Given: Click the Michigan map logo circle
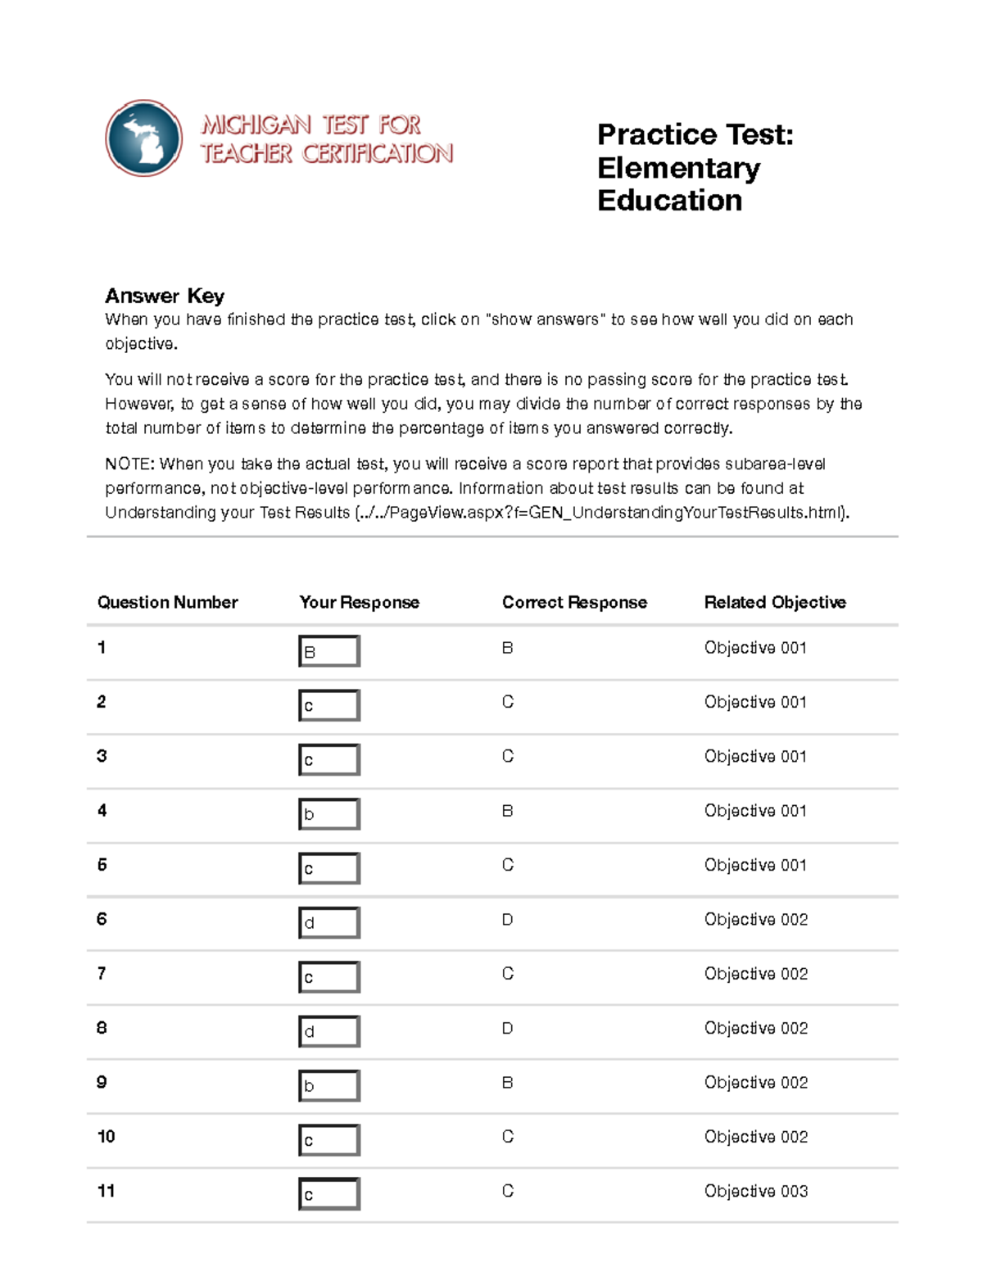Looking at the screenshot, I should tap(144, 138).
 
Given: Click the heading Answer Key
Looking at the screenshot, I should tap(164, 296).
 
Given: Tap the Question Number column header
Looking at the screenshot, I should tap(167, 602).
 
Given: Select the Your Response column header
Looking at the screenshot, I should tap(359, 602).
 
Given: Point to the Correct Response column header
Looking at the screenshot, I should tap(574, 602).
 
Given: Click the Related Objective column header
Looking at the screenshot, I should tap(774, 602).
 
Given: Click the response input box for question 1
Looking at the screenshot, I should tap(329, 651).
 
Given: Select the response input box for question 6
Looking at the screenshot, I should tap(329, 922).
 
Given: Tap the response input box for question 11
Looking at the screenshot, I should tap(329, 1194).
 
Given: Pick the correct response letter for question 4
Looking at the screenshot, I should tap(507, 811).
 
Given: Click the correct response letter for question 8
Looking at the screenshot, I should tap(507, 1028).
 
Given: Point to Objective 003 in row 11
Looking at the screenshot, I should tap(755, 1191).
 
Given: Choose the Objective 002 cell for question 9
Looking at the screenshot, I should tap(755, 1082).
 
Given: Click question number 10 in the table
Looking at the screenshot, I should tap(106, 1136).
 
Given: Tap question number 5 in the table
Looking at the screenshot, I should tap(102, 865).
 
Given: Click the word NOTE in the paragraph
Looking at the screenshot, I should tap(129, 464).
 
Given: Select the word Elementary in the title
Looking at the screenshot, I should tap(678, 168).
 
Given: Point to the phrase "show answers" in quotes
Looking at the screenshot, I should tap(545, 319).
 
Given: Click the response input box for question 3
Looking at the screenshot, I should tap(329, 760).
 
